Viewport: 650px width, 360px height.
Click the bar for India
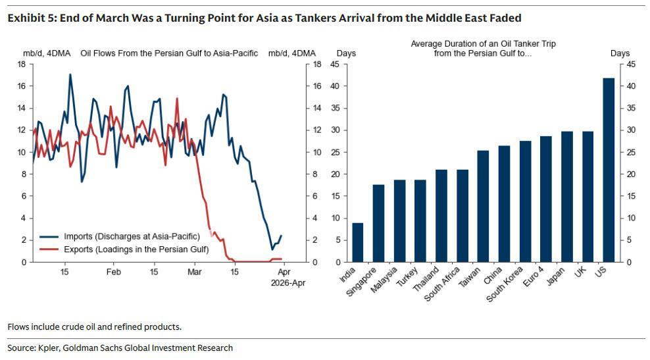(x=357, y=242)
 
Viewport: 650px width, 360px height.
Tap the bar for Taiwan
(x=483, y=206)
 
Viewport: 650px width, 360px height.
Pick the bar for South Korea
(x=525, y=201)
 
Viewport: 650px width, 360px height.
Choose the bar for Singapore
(x=378, y=223)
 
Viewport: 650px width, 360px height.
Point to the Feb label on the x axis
(x=113, y=272)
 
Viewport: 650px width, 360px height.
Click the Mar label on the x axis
(x=195, y=272)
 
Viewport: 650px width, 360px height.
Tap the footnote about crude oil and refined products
(x=94, y=326)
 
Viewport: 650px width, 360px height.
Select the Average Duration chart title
(x=483, y=48)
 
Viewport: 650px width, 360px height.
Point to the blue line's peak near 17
(x=70, y=74)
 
